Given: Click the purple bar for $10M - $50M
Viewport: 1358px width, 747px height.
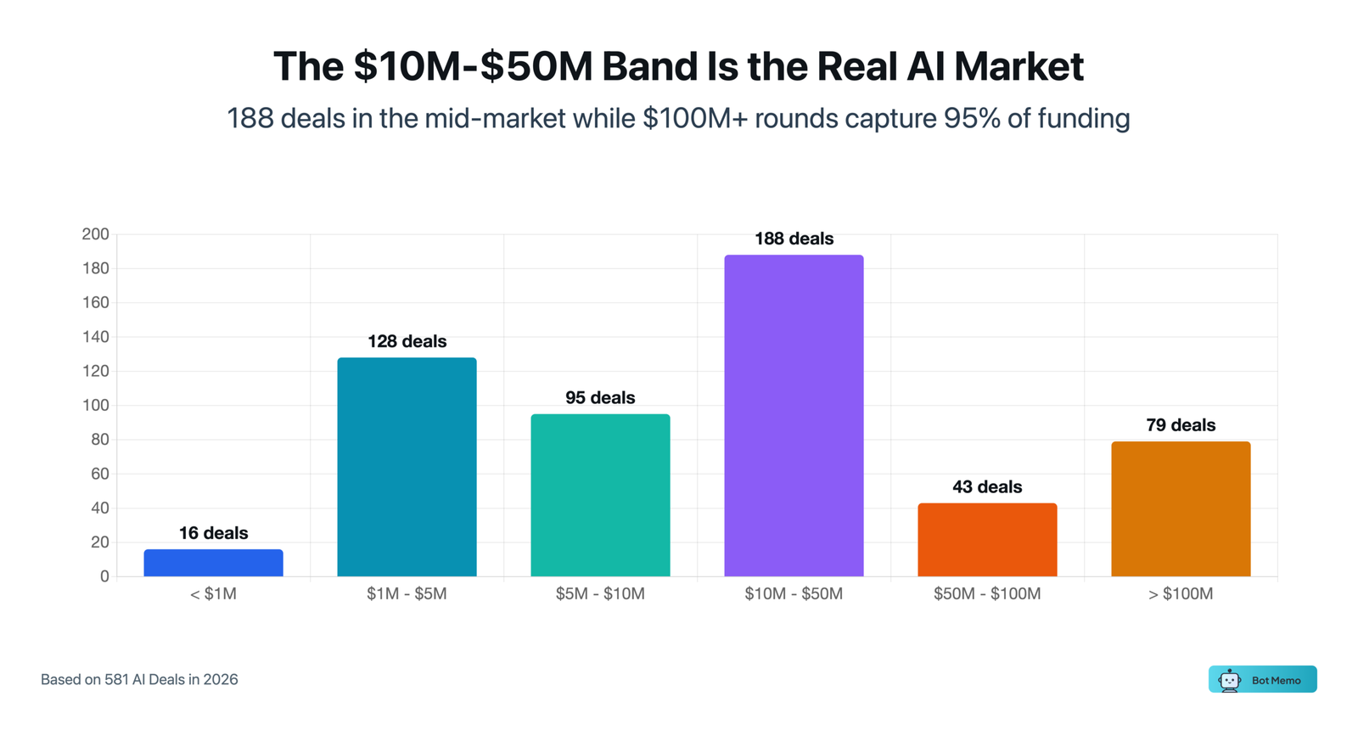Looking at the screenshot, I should click(794, 416).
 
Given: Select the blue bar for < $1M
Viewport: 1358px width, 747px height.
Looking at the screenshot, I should click(213, 563).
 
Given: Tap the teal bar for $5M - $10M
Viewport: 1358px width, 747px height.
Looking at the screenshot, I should click(600, 495).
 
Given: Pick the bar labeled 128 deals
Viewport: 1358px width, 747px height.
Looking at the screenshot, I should click(407, 467).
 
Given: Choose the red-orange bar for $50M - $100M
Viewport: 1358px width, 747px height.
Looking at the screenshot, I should click(987, 540).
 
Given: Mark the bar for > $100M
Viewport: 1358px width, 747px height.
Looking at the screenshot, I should click(1181, 509).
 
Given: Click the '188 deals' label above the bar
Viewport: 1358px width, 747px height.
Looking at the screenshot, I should click(794, 239).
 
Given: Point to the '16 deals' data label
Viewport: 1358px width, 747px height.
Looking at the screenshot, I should click(213, 533).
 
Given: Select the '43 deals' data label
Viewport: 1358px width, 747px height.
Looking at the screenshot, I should click(987, 487).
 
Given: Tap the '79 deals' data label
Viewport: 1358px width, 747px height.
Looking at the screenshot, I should click(1181, 425).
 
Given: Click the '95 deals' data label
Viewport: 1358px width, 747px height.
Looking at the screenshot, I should click(600, 398).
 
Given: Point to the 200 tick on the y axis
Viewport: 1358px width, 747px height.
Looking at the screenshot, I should click(95, 234).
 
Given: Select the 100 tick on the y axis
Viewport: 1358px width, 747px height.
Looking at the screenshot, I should click(95, 405).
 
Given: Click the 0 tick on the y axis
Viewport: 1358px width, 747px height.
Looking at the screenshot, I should click(104, 576).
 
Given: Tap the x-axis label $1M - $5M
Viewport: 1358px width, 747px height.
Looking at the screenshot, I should click(407, 594).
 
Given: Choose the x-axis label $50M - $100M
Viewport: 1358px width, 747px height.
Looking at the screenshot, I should click(987, 594).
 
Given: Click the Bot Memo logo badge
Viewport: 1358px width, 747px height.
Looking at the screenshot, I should click(1262, 679).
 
